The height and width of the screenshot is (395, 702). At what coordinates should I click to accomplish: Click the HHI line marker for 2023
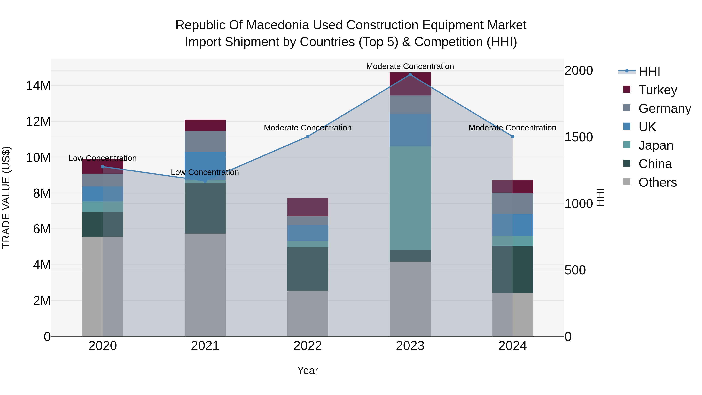pyautogui.click(x=410, y=75)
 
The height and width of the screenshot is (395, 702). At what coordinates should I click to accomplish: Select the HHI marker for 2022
pyautogui.click(x=308, y=137)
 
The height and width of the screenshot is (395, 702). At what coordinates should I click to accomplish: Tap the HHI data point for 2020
pyautogui.click(x=103, y=167)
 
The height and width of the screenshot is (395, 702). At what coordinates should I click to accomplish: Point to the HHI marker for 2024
pyautogui.click(x=513, y=137)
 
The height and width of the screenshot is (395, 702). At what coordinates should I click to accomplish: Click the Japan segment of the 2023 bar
pyautogui.click(x=410, y=198)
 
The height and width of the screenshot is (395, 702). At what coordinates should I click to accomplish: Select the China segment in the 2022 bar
pyautogui.click(x=308, y=269)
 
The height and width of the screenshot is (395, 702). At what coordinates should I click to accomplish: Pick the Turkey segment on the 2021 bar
pyautogui.click(x=205, y=125)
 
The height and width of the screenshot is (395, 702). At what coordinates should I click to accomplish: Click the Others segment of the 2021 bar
pyautogui.click(x=205, y=285)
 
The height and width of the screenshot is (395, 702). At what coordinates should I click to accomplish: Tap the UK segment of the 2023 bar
pyautogui.click(x=410, y=130)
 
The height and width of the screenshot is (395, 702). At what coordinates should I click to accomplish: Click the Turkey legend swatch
pyautogui.click(x=627, y=89)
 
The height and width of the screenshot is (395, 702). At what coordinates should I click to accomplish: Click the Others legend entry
pyautogui.click(x=657, y=182)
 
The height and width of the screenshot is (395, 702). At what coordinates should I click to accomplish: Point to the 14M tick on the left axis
pyautogui.click(x=38, y=86)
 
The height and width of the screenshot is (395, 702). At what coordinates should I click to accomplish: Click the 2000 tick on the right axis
pyautogui.click(x=579, y=71)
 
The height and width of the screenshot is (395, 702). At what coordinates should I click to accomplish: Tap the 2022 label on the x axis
pyautogui.click(x=308, y=346)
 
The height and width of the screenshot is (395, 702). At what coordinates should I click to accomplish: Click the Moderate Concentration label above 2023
pyautogui.click(x=410, y=66)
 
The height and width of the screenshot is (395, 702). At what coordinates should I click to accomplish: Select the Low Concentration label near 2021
pyautogui.click(x=205, y=172)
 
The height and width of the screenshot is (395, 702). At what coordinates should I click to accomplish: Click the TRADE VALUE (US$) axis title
pyautogui.click(x=6, y=197)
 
